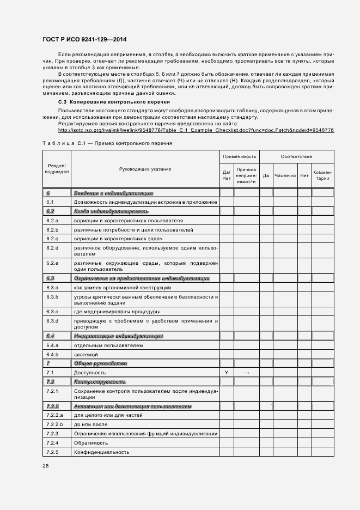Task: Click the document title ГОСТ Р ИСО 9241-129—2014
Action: tap(84, 40)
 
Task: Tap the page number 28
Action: tap(46, 466)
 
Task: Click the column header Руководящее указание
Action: tap(145, 169)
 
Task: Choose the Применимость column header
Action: tap(239, 156)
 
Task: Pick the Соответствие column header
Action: tap(296, 156)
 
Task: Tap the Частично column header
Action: tap(285, 175)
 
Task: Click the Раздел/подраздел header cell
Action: tap(57, 168)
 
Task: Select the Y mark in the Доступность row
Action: tap(226, 372)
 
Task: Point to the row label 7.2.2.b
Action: tap(55, 424)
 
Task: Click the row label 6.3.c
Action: tap(52, 312)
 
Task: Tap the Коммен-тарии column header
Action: tap(323, 175)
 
